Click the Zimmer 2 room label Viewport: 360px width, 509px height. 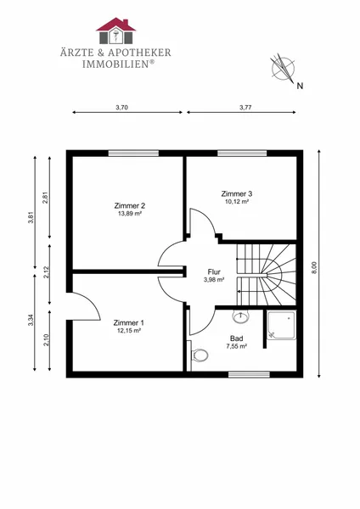coord(130,206)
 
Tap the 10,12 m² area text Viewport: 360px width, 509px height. coord(237,202)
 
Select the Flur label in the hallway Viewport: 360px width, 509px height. coord(214,272)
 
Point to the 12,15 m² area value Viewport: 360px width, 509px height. coord(129,331)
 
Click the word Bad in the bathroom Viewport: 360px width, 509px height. coord(237,338)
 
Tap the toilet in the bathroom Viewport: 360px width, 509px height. coord(200,355)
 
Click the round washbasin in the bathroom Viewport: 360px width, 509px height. coord(241,316)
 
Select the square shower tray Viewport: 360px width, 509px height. coord(282,325)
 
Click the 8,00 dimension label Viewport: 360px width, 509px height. coord(314,268)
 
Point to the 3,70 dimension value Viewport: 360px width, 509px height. coord(121,108)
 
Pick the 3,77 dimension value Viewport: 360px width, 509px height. coord(245,108)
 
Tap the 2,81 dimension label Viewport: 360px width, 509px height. coord(46,198)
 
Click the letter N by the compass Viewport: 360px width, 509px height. coord(300,86)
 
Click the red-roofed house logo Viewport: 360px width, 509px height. coord(115,31)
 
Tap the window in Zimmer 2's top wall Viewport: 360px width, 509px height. coord(133,154)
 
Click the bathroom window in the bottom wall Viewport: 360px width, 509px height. coord(249,375)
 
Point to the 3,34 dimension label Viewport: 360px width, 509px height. coord(31,321)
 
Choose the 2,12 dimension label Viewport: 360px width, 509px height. coord(46,272)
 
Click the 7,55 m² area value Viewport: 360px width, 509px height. coord(237,346)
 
